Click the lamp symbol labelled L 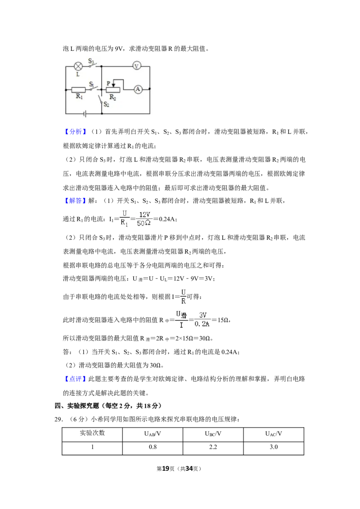pos(78,66)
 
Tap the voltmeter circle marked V pos(136,66)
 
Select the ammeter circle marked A pos(138,89)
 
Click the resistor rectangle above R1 pos(78,89)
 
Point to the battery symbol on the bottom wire pos(85,114)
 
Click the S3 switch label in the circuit pos(91,61)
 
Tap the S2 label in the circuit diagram pos(106,104)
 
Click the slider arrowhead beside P pos(113,85)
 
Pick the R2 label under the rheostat pos(112,97)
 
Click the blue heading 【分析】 pos(75,131)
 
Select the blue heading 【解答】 pos(75,201)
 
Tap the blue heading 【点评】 pos(75,379)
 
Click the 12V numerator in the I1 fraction pos(144,214)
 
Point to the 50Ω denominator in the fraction pos(144,223)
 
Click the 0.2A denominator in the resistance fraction pos(202,324)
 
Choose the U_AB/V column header pos(153,434)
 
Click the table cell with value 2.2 pos(213,447)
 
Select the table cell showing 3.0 pos(274,447)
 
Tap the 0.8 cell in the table pos(153,447)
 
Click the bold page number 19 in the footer pos(166,469)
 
